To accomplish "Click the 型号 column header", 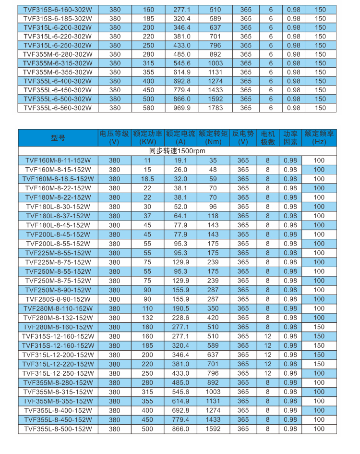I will (x=58, y=137).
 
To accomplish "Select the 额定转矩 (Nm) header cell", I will (x=213, y=137).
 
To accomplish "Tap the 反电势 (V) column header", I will (x=243, y=137).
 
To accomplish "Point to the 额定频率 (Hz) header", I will (x=319, y=137).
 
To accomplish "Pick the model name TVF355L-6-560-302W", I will (x=58, y=108).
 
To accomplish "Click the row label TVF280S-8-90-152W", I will (x=58, y=299).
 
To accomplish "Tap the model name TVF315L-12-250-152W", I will (x=58, y=373).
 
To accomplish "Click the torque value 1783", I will (x=213, y=108).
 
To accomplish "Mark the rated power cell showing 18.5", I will (x=147, y=179).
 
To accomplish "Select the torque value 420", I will (x=213, y=318).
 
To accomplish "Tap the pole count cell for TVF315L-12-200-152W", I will (x=268, y=355).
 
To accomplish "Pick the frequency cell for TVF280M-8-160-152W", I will (x=319, y=327).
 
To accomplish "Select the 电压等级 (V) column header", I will (x=114, y=137).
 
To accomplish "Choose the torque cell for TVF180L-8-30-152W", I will (x=213, y=207).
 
